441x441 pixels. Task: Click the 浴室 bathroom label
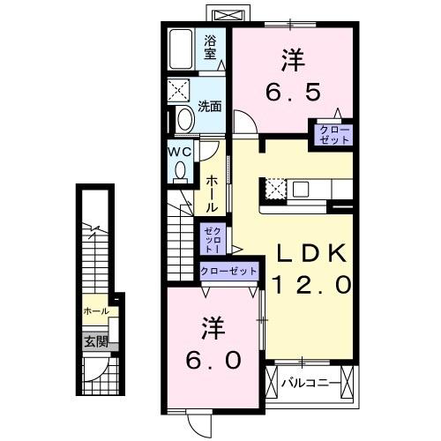coord(211,46)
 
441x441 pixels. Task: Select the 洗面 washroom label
coord(209,107)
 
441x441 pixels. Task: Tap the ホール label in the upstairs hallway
coord(213,193)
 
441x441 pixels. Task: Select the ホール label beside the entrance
coord(95,311)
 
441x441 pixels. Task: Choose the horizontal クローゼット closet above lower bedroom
coord(229,272)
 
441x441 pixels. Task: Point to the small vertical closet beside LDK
coord(213,237)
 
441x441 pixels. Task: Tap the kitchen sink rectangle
coord(301,188)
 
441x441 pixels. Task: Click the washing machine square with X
coord(183,92)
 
